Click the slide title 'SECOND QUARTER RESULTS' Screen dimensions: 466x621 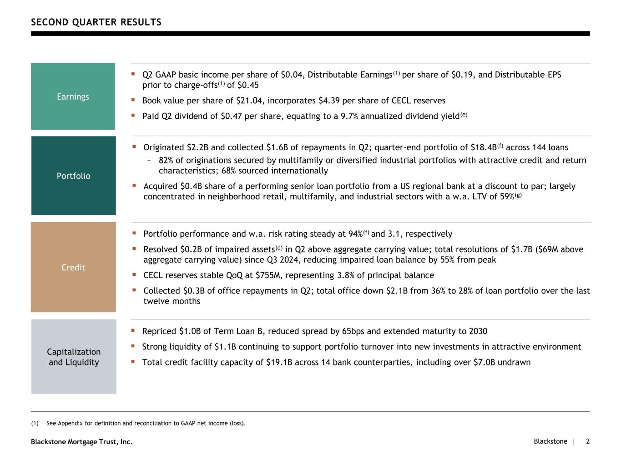click(96, 22)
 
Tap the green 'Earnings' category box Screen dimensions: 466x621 click(73, 96)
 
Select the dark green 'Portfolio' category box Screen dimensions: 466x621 click(73, 176)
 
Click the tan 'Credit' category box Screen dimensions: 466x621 click(73, 267)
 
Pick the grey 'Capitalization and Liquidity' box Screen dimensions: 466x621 click(74, 357)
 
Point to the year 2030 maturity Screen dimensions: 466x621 click(477, 331)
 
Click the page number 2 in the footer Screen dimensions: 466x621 click(588, 441)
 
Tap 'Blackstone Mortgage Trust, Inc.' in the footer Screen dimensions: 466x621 click(81, 441)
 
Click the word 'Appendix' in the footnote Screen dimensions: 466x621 click(69, 423)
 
